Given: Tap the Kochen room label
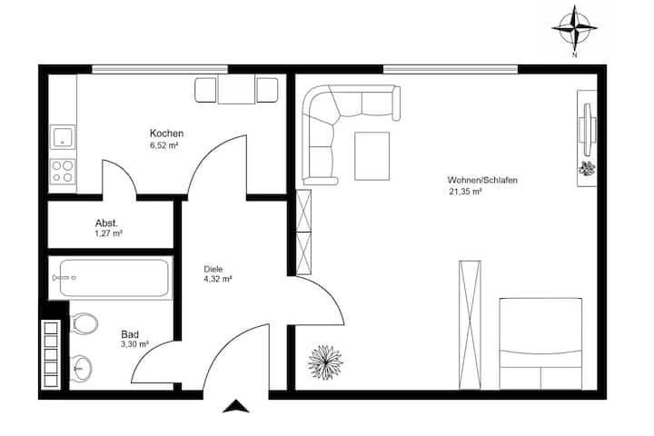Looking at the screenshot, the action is [166, 134].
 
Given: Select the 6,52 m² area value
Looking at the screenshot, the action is [163, 145].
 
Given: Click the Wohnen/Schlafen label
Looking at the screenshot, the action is [482, 180].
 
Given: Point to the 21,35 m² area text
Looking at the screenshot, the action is [465, 192].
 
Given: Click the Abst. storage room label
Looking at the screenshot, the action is [106, 223].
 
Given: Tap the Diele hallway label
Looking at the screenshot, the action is [213, 269].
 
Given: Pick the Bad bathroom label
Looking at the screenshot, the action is [130, 334].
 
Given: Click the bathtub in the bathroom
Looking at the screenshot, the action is [111, 277].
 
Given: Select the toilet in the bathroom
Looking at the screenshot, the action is [84, 323].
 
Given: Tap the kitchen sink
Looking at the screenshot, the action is [63, 137].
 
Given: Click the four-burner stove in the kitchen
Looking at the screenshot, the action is [63, 171].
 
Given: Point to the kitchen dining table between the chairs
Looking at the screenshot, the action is [236, 90].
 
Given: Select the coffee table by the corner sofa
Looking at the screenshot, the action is [372, 156].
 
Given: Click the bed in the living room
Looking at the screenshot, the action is [540, 343].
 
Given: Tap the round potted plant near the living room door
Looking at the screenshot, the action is [325, 362].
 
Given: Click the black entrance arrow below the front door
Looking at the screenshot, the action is [235, 406].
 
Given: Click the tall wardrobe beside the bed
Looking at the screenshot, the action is [470, 325].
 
